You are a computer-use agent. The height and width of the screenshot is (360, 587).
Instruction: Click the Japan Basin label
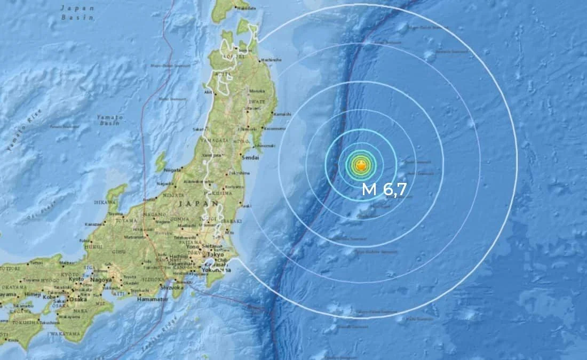[x=77, y=12]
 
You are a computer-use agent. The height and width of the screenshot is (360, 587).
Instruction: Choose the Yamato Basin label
[x=110, y=119]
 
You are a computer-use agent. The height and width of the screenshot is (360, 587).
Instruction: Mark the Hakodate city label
[x=243, y=9]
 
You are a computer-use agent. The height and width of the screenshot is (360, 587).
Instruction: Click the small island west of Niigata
[x=160, y=161]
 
